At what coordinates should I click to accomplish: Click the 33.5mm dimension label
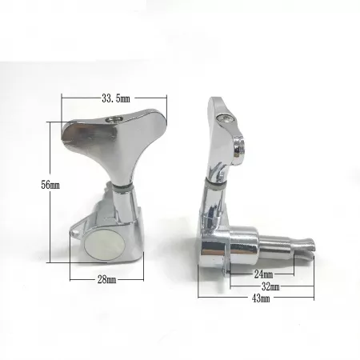pos(116,98)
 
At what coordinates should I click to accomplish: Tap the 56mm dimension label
pos(50,185)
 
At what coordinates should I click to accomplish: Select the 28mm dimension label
pos(106,279)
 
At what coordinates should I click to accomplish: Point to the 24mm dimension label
pos(263,274)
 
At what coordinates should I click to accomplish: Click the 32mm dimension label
pos(270,286)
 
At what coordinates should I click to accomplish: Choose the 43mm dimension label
pos(261,298)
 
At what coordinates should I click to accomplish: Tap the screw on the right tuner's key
pos(226,119)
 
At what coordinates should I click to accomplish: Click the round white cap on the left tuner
pos(105,246)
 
